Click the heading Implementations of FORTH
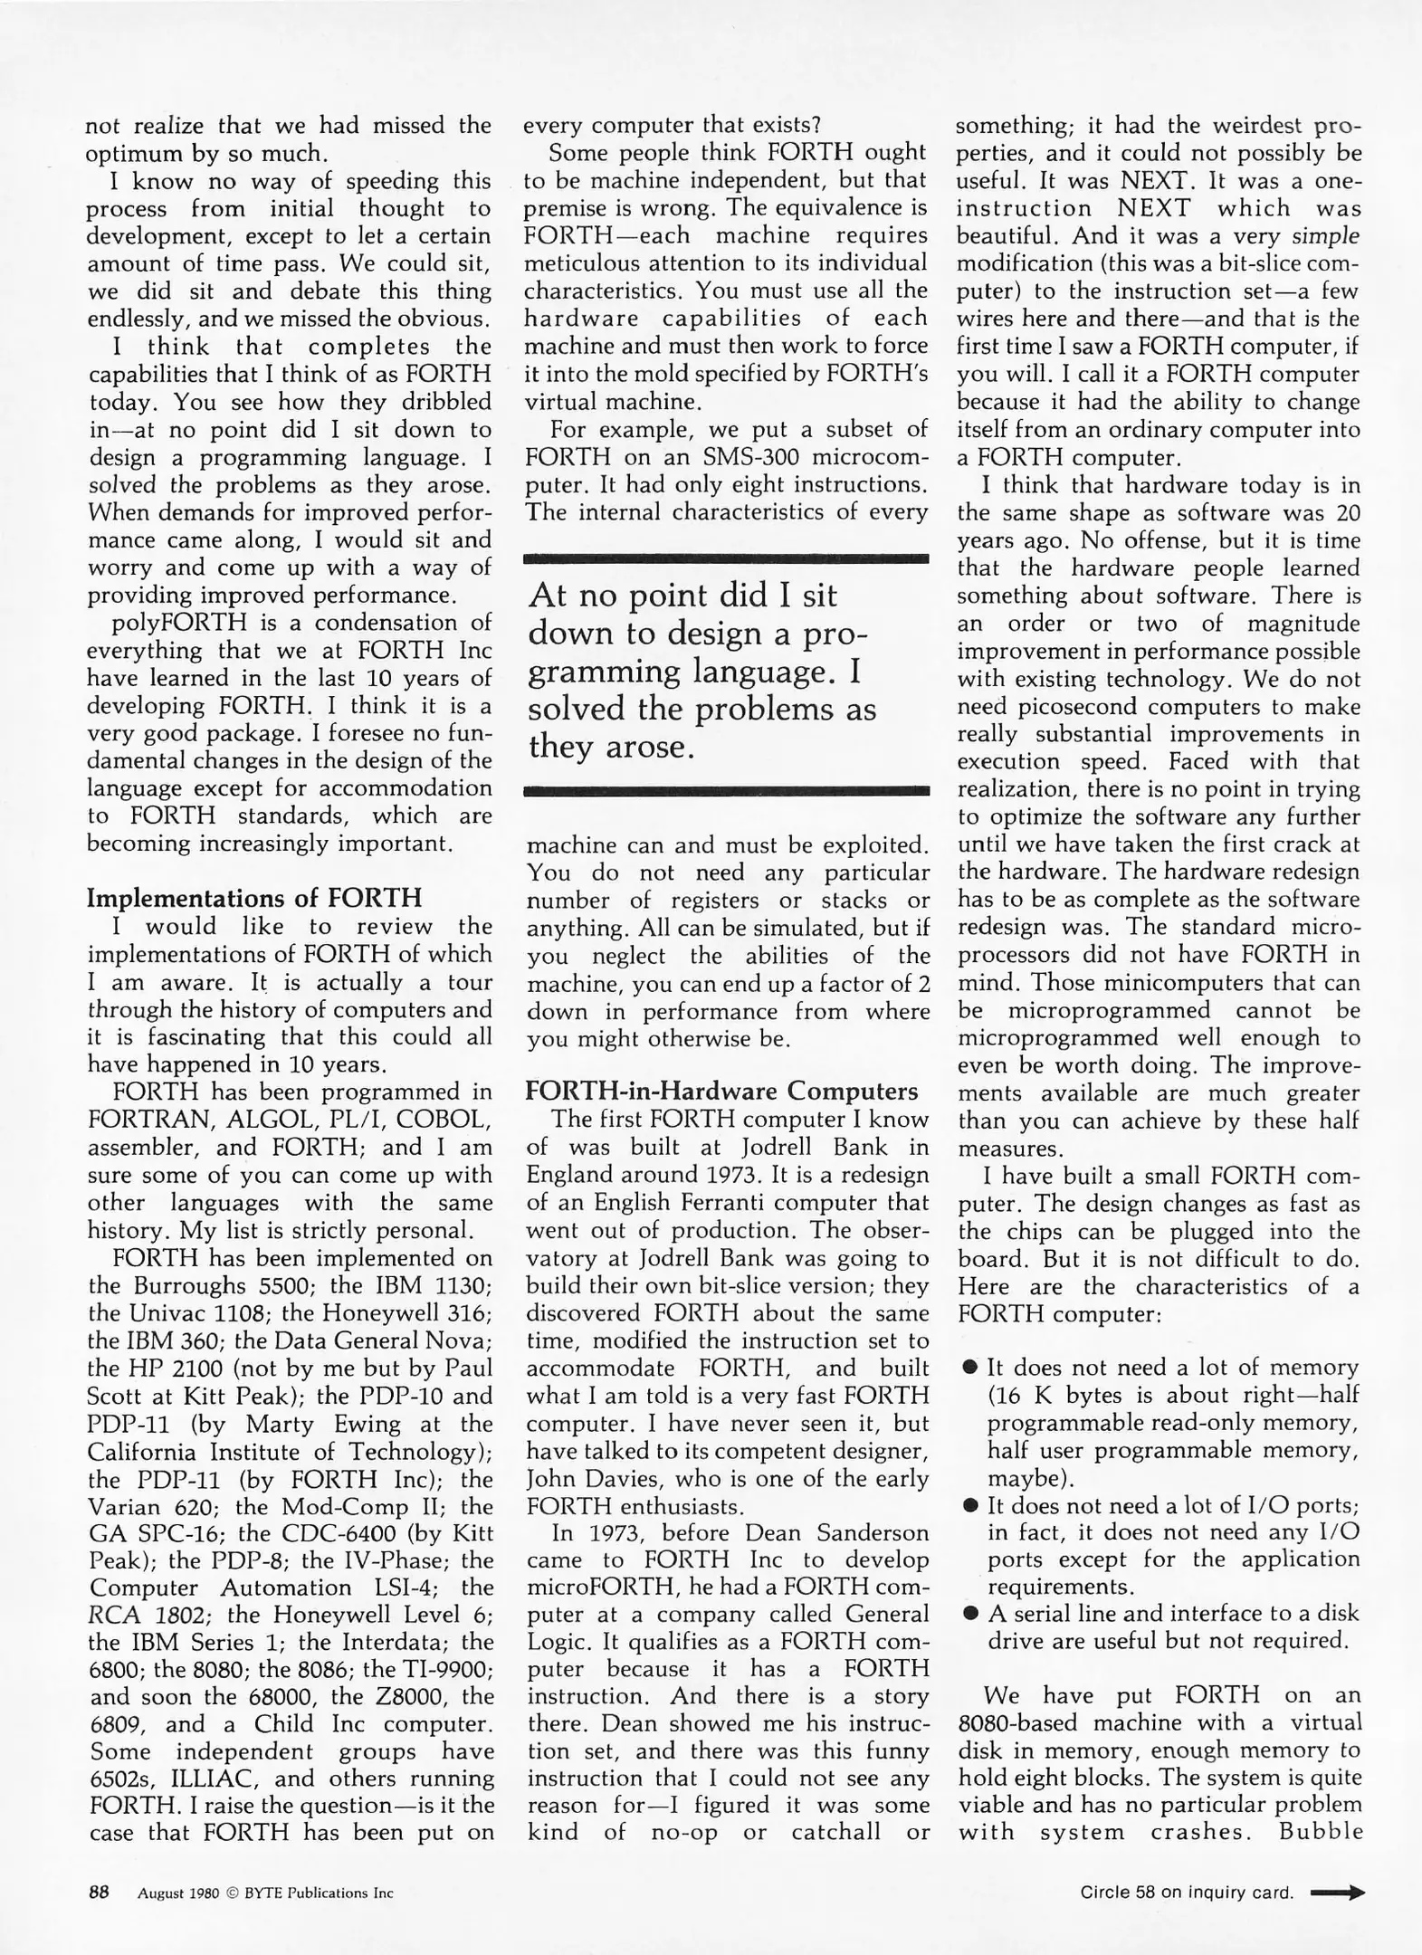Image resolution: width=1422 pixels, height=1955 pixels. (253, 898)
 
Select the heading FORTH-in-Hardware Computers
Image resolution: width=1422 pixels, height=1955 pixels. (721, 1091)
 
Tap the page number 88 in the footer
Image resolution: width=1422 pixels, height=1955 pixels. (99, 1891)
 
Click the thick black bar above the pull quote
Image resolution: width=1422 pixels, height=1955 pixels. (727, 559)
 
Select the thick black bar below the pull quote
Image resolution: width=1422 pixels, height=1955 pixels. (727, 791)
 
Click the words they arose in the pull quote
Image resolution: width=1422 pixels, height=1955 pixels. (611, 747)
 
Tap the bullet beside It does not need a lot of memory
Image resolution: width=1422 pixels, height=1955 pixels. (970, 1368)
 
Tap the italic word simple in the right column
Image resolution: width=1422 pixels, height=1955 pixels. (1325, 235)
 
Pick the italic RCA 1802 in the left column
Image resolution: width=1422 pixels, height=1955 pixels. (149, 1615)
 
